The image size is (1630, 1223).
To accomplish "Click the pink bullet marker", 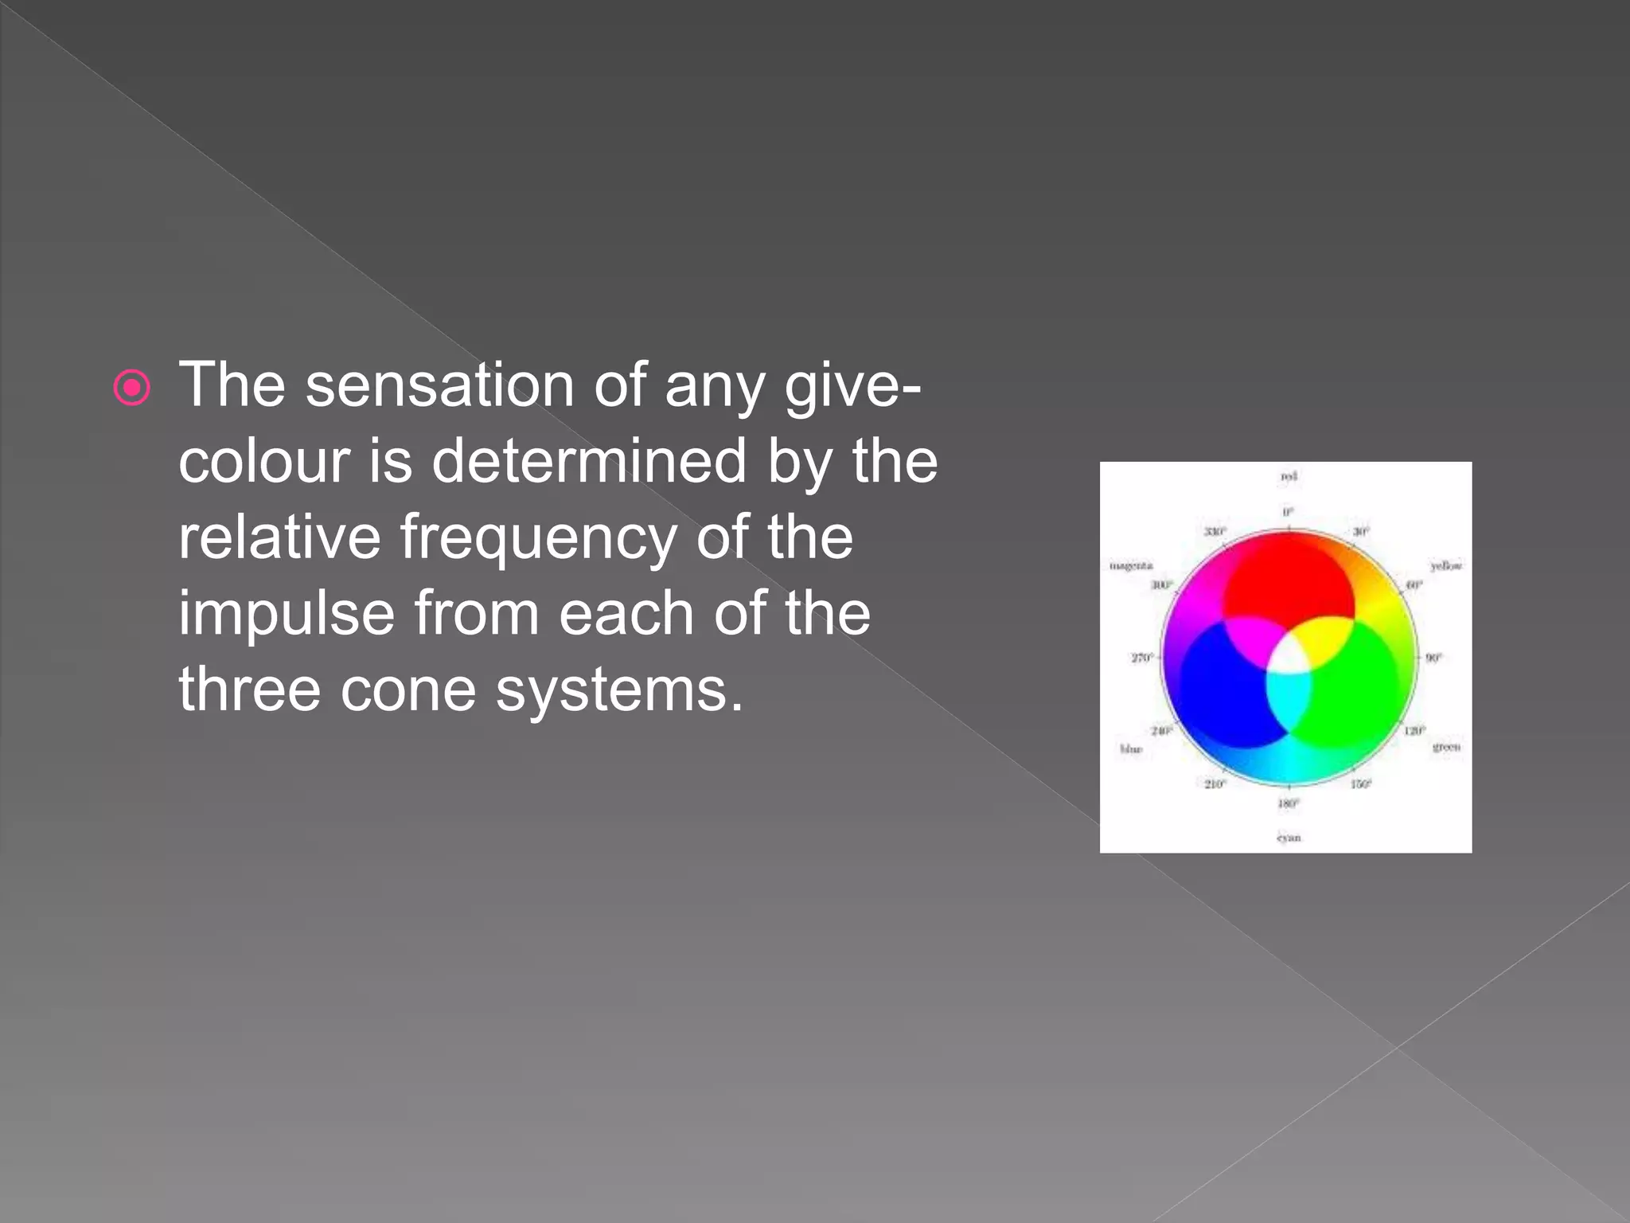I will tap(131, 389).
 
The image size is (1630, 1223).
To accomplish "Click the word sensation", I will tap(439, 385).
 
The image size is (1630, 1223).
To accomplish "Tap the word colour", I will tap(263, 462).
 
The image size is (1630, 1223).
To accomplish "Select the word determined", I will tap(588, 461).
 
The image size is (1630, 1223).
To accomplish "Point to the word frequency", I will tap(537, 537).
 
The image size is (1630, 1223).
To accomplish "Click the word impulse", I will tap(286, 615).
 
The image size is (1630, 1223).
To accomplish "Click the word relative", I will tap(279, 537).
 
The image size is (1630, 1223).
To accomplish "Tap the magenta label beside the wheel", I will tap(1131, 566).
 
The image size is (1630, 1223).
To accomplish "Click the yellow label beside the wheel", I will tap(1446, 566).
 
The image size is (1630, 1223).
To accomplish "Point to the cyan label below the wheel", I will tap(1289, 838).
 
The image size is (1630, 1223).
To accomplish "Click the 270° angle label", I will tap(1141, 658).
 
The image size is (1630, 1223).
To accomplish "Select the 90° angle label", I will tap(1433, 658).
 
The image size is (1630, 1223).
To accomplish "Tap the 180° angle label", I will tap(1289, 804).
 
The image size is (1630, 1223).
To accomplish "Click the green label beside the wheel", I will tap(1446, 747).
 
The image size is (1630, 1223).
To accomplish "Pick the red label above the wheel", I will tap(1289, 476).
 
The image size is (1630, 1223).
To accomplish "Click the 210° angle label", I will tap(1215, 784).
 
